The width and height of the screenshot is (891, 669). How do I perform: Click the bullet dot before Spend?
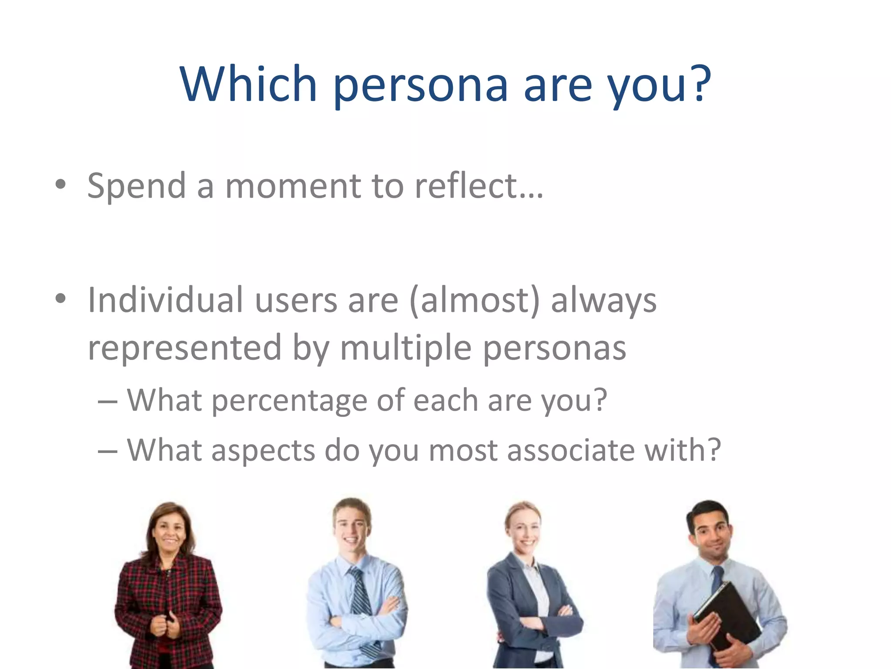coord(60,185)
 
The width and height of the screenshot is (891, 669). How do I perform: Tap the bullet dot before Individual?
coord(60,299)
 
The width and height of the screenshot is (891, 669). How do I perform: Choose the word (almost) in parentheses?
coord(474,301)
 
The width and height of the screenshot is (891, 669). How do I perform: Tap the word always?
coord(603,301)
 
